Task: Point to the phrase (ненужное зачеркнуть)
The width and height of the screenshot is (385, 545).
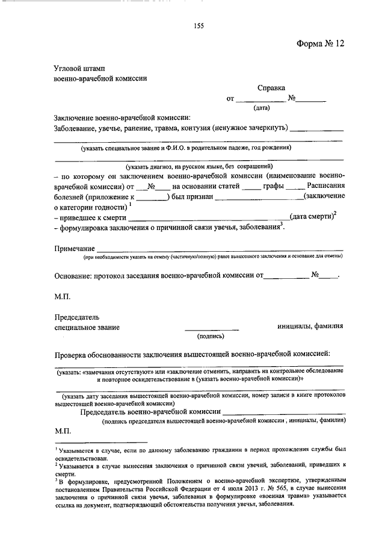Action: click(x=250, y=128)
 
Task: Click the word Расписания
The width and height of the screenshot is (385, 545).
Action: click(x=325, y=186)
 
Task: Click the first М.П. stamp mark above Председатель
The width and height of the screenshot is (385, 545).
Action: click(x=63, y=296)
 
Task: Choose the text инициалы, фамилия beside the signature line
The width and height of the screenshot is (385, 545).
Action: click(x=310, y=326)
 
